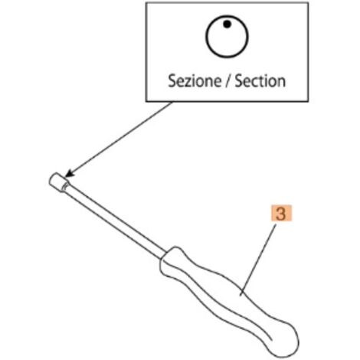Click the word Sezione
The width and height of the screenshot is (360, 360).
195,81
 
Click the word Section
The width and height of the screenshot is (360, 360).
260,81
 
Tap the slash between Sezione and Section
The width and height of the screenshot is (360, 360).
228,81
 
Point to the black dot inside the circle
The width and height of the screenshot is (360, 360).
227,25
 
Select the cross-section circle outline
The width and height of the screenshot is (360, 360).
206,37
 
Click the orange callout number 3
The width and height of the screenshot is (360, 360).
281,214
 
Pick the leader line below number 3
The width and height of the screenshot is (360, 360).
258,260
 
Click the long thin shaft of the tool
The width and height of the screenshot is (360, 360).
116,220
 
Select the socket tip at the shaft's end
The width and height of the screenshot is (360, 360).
59,182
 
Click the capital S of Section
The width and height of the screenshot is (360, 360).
238,81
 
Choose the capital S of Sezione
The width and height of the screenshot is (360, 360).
172,81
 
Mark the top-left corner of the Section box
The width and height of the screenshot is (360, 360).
146,3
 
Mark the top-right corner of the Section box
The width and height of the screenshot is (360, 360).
308,3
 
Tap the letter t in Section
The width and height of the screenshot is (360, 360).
259,81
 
